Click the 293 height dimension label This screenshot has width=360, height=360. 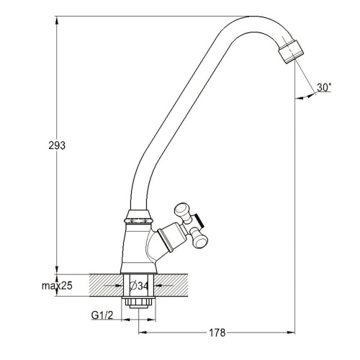tap(57, 145)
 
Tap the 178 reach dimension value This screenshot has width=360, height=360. tap(217, 333)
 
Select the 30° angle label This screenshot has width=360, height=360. tap(324, 87)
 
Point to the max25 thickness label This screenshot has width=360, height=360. tap(57, 286)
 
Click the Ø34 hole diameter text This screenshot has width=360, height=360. tap(139, 286)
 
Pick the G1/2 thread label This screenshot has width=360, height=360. tap(102, 315)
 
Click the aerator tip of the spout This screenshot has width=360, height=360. tap(291, 52)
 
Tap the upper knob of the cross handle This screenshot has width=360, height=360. tap(181, 211)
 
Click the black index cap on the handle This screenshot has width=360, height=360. tap(199, 220)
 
